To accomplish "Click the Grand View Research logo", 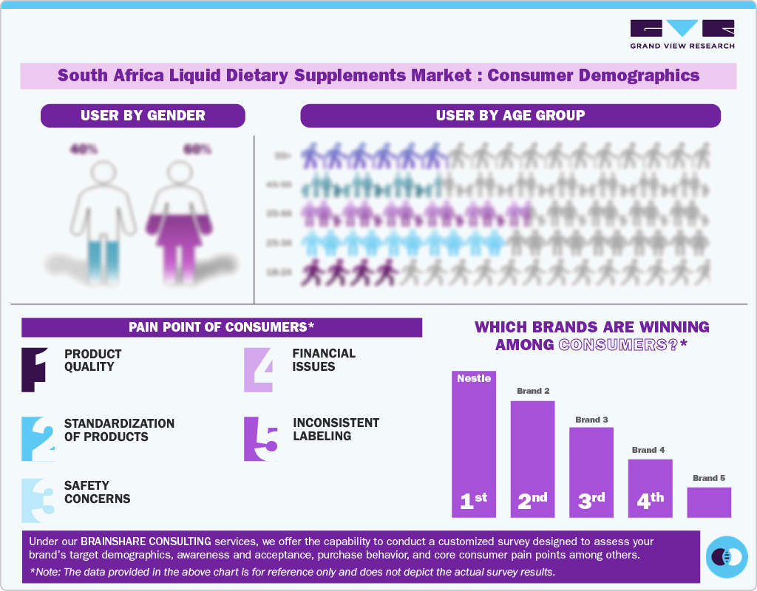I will [682, 34].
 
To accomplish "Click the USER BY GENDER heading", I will [143, 115].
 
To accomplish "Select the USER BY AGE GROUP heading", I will [510, 115].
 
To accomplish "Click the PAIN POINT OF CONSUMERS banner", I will [222, 327].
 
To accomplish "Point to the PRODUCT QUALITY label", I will [93, 361].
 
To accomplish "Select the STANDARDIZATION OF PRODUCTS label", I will [119, 430].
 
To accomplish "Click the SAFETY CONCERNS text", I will [97, 492].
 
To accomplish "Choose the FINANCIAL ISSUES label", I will [324, 360].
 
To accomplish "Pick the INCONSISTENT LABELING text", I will [336, 429].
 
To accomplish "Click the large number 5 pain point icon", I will [260, 440].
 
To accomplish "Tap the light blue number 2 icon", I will [38, 440].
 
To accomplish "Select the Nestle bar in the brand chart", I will [474, 443].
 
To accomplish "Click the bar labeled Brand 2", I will [532, 458].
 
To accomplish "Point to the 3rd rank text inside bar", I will [591, 500].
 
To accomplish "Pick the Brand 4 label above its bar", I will [648, 450].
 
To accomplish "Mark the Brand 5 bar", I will [708, 502].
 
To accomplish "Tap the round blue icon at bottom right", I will [727, 556].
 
